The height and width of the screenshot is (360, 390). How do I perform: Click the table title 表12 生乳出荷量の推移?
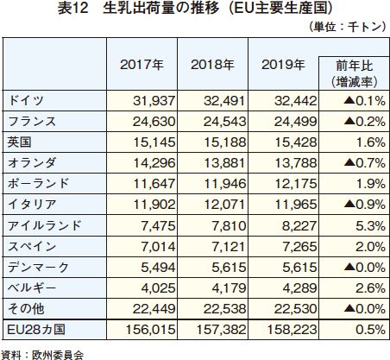click(139, 8)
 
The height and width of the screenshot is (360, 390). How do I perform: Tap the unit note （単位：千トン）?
click(347, 27)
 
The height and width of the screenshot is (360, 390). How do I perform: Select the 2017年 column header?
click(142, 65)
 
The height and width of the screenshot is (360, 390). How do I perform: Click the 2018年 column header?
click(212, 65)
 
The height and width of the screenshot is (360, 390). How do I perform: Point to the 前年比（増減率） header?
click(355, 73)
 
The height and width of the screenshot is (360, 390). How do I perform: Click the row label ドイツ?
click(26, 101)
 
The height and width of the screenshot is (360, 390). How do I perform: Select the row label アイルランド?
click(45, 225)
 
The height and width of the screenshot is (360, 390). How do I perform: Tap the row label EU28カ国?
click(36, 330)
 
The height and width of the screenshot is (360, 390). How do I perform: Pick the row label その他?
click(26, 309)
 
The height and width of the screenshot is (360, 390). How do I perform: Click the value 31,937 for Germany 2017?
click(154, 101)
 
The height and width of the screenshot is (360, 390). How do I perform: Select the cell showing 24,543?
click(224, 122)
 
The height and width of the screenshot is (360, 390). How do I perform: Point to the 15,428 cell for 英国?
click(296, 142)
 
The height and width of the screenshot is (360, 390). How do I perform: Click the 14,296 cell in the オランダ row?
click(154, 163)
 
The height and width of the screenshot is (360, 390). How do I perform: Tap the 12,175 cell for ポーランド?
click(296, 184)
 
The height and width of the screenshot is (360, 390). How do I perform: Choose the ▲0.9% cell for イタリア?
click(364, 205)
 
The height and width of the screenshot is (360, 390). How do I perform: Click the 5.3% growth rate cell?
click(371, 226)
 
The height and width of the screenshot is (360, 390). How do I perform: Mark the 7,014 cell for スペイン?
click(158, 247)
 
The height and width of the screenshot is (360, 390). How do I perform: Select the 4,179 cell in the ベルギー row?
click(229, 288)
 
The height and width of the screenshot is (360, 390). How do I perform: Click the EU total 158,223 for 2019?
click(292, 330)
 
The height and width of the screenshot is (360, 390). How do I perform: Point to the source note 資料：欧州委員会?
click(42, 355)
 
